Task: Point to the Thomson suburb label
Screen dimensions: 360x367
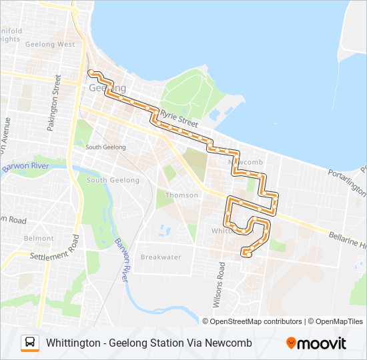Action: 182,195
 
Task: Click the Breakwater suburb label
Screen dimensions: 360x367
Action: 161,257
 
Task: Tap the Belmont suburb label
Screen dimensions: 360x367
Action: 39,238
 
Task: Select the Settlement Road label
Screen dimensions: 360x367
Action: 50,253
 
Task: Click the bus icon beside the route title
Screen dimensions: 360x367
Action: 30,343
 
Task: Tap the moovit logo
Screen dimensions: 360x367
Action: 316,343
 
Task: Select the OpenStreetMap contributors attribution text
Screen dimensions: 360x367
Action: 256,321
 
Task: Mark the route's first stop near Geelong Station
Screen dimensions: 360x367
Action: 90,71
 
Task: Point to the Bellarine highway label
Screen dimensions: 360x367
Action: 347,241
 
